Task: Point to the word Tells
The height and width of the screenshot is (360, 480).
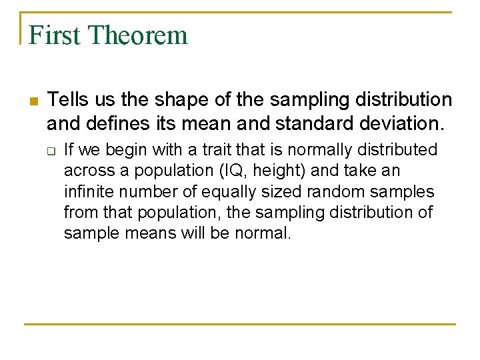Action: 67,100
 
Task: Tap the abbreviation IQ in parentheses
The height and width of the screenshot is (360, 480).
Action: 227,171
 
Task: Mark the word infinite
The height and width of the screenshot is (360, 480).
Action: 85,192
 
